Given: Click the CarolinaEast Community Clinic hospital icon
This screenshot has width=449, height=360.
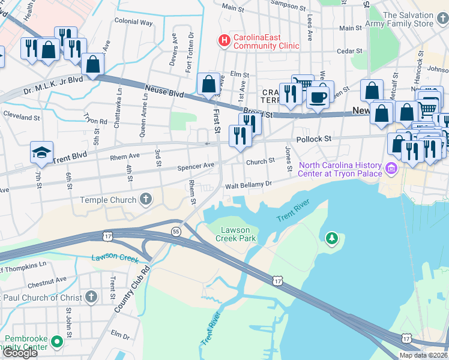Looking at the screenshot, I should click(224, 41).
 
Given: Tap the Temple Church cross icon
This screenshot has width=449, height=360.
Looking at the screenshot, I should click(145, 200).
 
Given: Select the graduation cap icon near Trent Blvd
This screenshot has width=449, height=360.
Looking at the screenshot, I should click(42, 153).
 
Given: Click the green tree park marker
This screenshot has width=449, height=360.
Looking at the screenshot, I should click(332, 239).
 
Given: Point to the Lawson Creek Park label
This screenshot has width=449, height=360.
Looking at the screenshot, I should click(238, 234).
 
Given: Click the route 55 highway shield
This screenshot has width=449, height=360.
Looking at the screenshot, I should click(176, 231).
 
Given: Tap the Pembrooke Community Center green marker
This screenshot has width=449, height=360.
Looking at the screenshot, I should click(57, 342).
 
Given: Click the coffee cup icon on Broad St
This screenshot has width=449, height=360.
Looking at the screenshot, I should click(318, 97).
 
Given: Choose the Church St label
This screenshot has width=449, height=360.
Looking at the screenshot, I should click(260, 161).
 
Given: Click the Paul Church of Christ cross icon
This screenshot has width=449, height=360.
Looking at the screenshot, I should click(91, 297).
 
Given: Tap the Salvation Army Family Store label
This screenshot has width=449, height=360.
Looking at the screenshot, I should click(416, 19).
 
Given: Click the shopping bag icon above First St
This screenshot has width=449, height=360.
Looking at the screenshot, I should click(208, 85).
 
